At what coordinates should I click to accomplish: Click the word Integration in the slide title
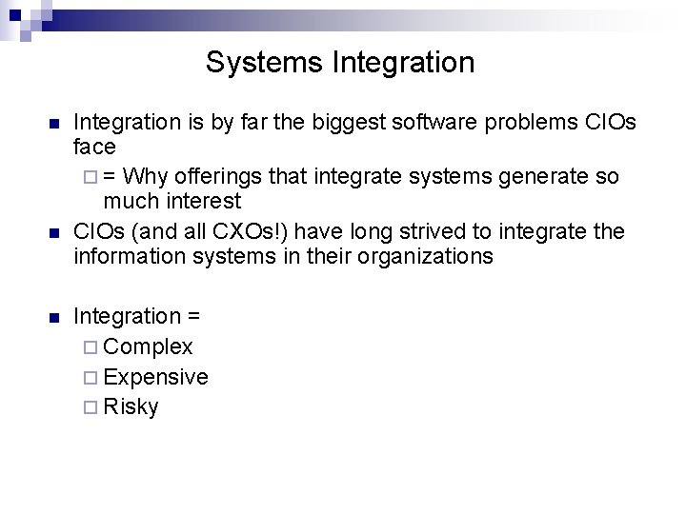403,63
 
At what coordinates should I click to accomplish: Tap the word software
409,122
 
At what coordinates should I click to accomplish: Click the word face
94,147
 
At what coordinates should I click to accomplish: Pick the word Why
142,177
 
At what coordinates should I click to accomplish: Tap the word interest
202,202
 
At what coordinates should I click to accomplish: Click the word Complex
148,346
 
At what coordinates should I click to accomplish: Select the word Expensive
155,377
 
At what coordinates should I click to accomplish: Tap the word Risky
131,407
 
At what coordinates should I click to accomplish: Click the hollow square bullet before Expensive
90,378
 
